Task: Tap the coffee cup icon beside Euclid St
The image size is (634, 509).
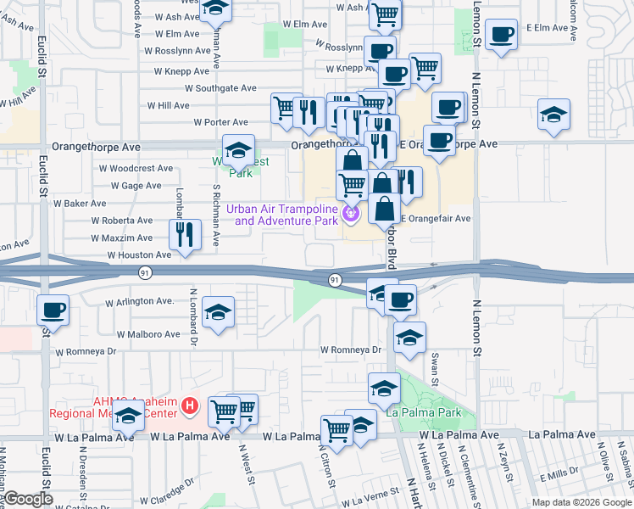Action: [53, 309]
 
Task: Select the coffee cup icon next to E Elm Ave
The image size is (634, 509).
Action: [502, 34]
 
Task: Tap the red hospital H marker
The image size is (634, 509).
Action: [190, 408]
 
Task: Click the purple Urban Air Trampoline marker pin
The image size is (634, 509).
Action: [352, 215]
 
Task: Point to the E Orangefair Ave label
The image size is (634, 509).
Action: [437, 218]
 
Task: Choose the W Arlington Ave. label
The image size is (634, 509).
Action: [139, 301]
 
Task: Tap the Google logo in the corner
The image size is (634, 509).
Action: [28, 499]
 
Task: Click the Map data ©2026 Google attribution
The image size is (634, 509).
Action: [581, 502]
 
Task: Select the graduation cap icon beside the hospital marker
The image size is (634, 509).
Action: [128, 417]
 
